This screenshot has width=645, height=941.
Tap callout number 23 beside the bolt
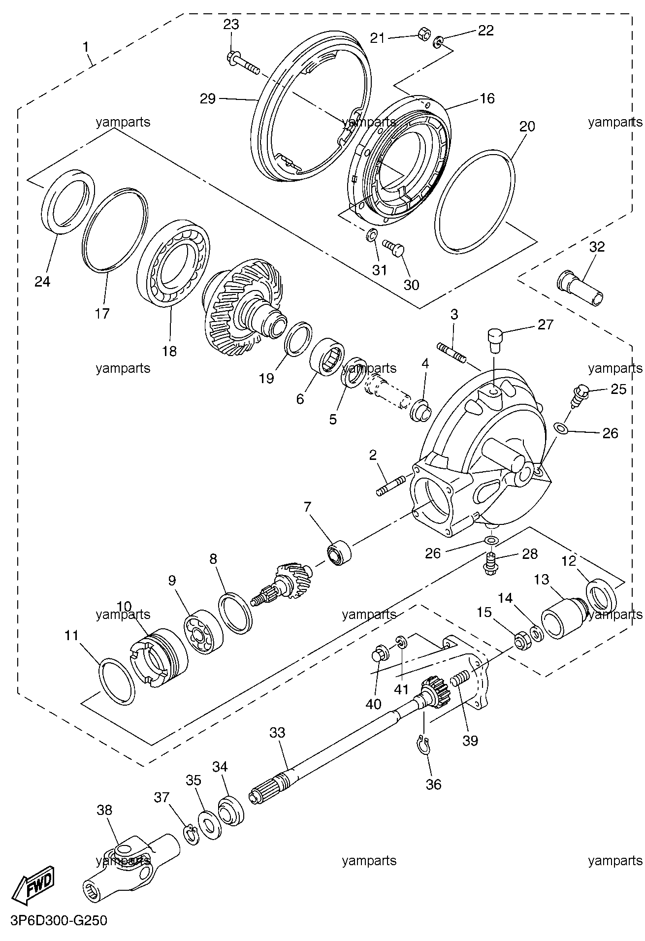(x=231, y=24)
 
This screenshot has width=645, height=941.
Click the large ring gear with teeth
(x=241, y=307)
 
